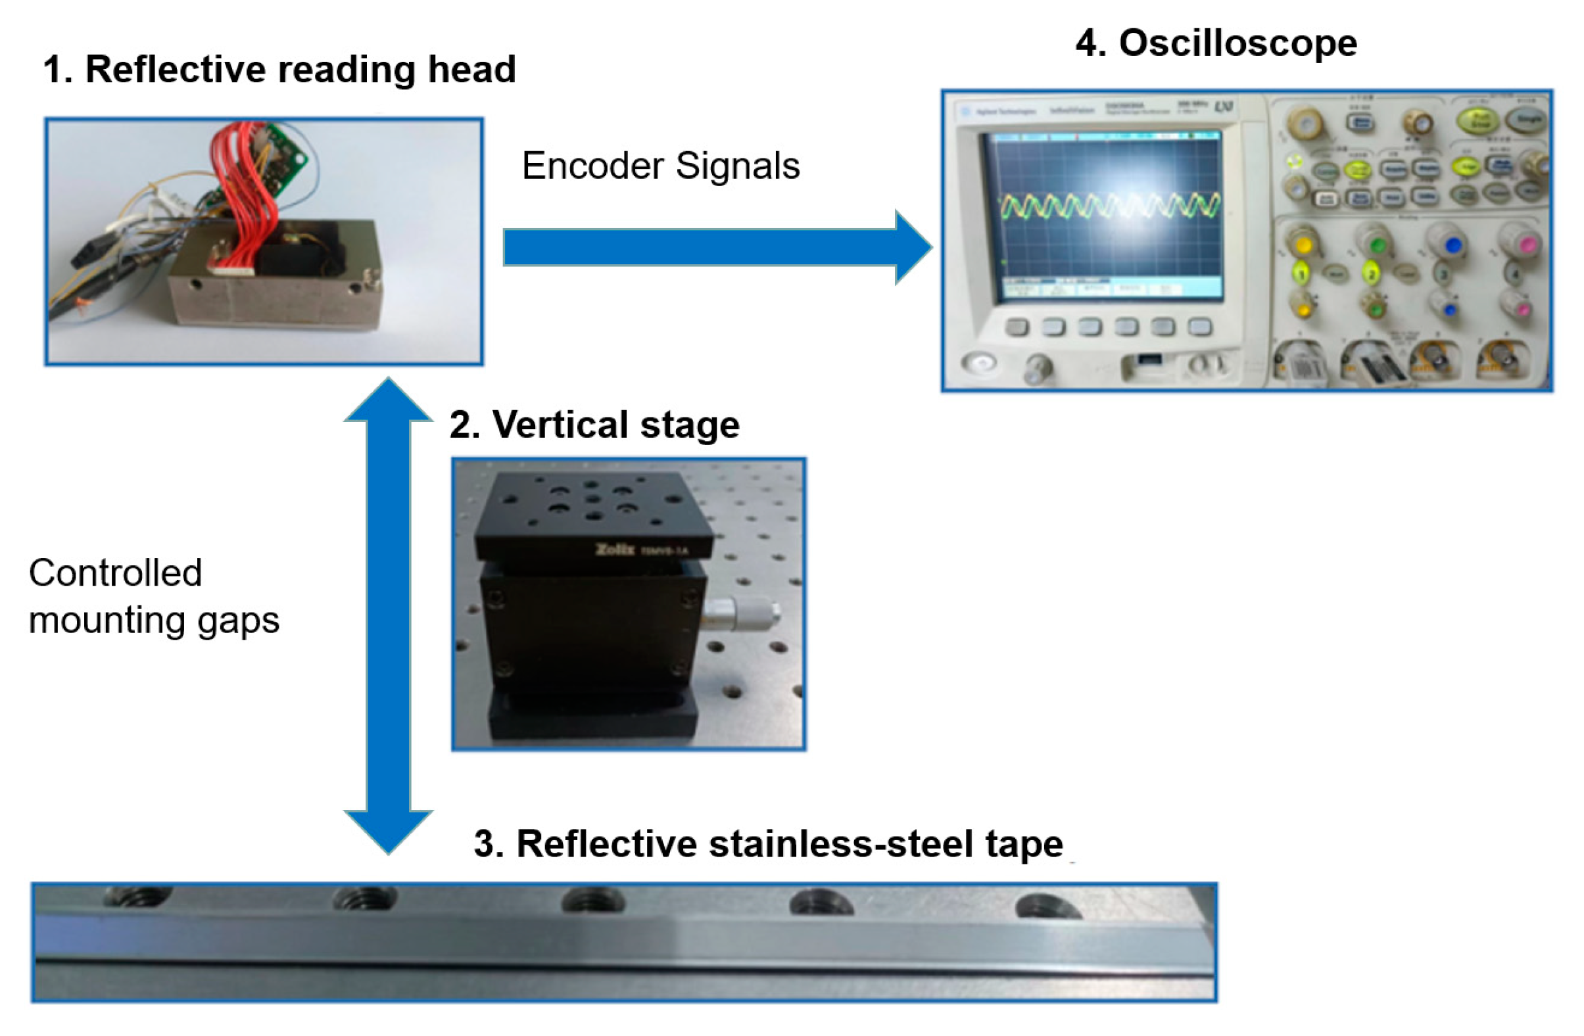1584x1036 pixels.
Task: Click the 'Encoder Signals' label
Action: click(x=660, y=166)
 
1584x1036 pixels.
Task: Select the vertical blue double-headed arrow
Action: click(x=389, y=615)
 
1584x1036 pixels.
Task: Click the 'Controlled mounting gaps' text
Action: click(x=153, y=596)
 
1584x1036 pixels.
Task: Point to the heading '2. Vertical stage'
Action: click(x=594, y=425)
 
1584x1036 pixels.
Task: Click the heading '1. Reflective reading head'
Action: click(x=279, y=69)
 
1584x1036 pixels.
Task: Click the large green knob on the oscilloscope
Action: click(x=1377, y=245)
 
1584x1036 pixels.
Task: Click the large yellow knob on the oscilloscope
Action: click(x=1303, y=245)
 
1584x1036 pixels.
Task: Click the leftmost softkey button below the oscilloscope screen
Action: click(x=1017, y=327)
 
